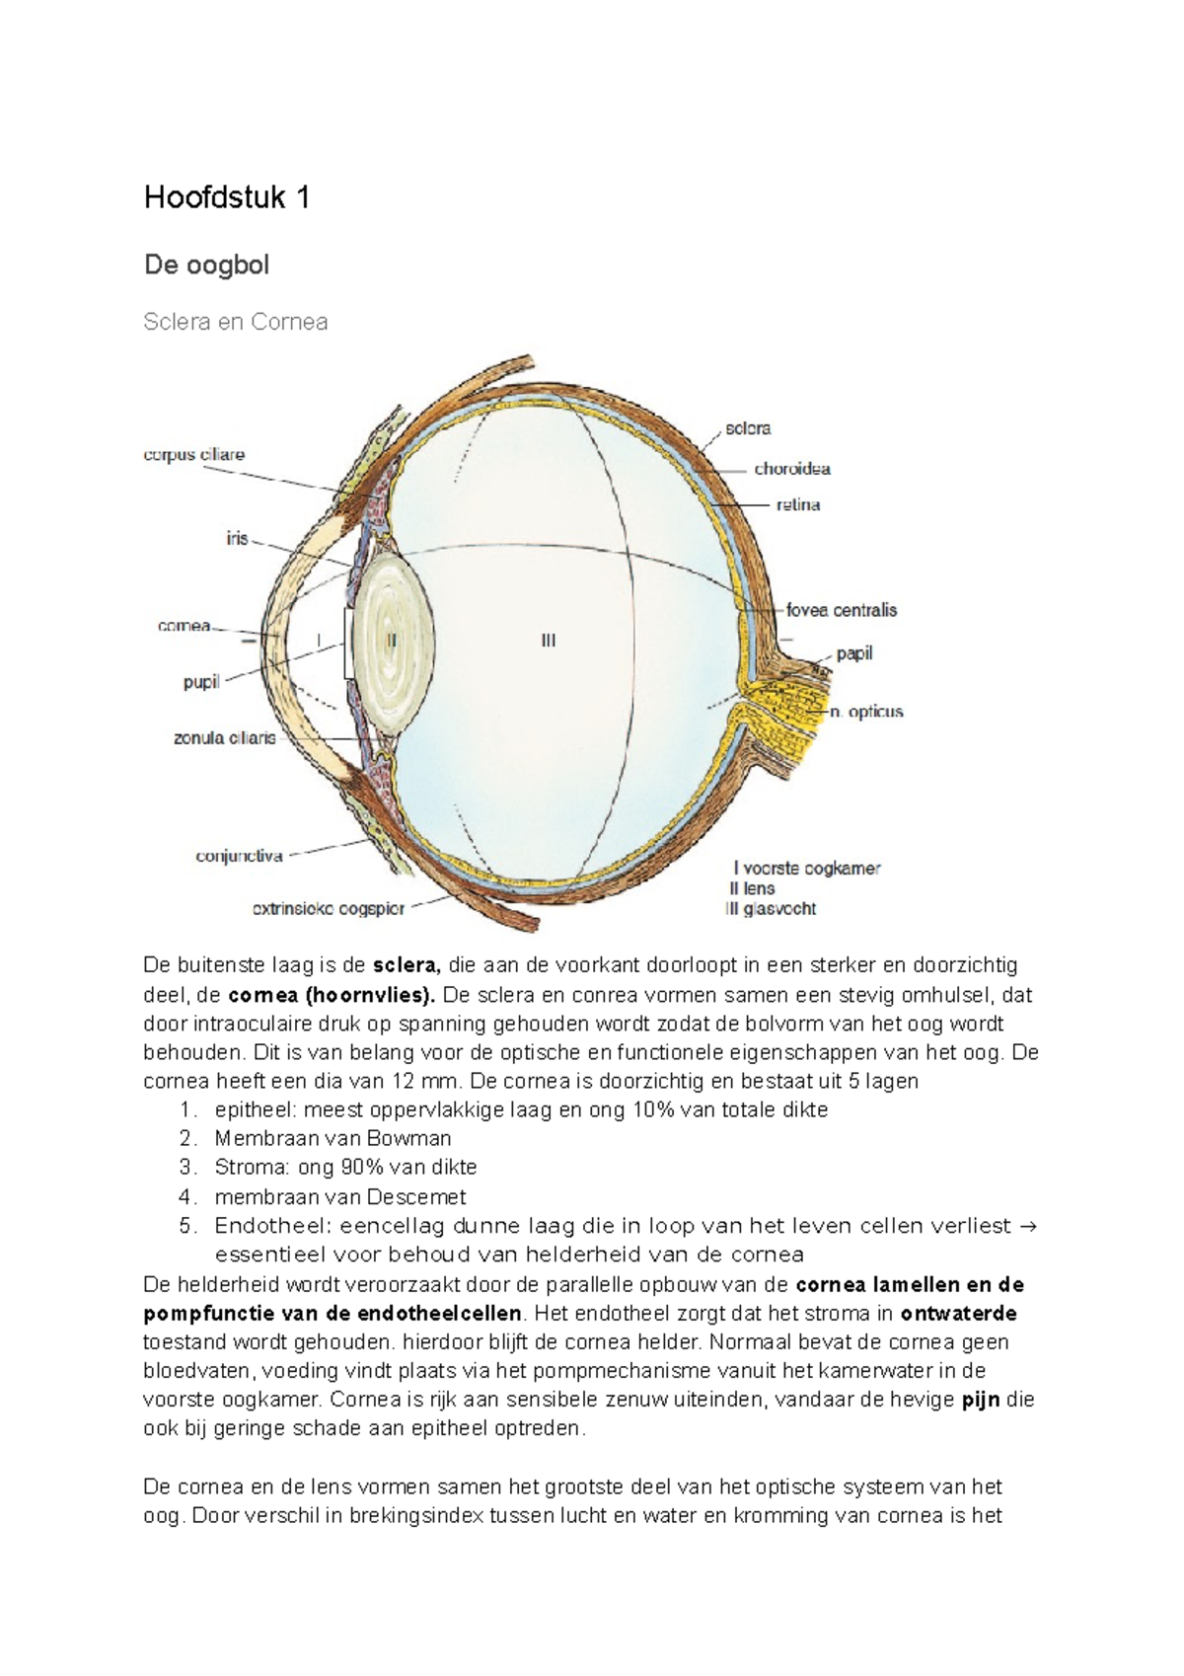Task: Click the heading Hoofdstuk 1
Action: click(x=227, y=198)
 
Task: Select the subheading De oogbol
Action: click(x=206, y=265)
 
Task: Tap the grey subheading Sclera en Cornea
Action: click(x=235, y=322)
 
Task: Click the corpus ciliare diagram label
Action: click(x=193, y=455)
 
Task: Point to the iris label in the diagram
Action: click(x=237, y=539)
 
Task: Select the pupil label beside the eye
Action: click(x=201, y=682)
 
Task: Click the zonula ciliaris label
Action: click(x=225, y=738)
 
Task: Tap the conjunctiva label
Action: click(x=240, y=856)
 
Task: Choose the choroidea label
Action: click(x=792, y=469)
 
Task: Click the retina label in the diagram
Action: click(x=798, y=504)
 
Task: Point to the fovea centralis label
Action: click(x=842, y=610)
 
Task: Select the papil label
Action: click(x=854, y=653)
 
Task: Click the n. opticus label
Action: click(x=866, y=712)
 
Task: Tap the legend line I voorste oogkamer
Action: click(x=806, y=869)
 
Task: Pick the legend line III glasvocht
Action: click(x=771, y=909)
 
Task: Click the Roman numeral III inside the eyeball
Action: click(x=549, y=641)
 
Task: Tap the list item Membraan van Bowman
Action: click(x=333, y=1138)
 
